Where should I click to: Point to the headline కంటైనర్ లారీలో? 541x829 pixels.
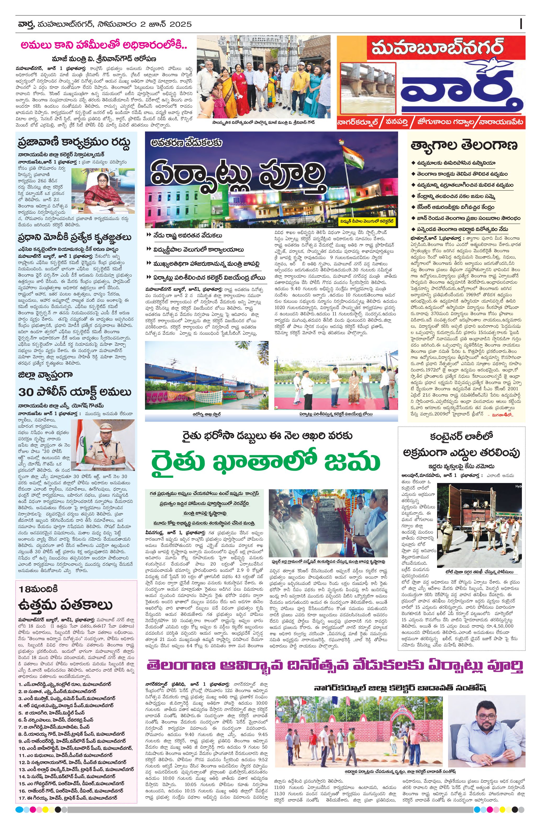point(461,436)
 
